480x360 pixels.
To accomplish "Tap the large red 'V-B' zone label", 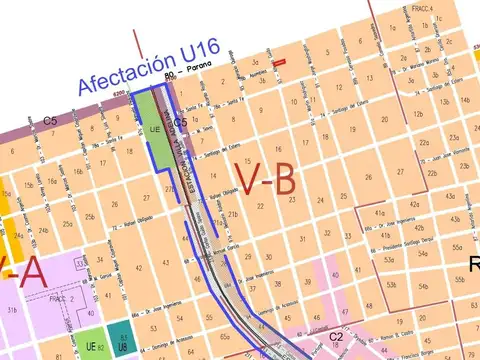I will tap(265, 179).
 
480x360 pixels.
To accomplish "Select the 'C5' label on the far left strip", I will tap(47, 120).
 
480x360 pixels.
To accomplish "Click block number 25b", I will tap(89, 217).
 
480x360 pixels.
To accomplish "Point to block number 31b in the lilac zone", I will tap(12, 311).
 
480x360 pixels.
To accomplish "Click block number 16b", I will tap(78, 171).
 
